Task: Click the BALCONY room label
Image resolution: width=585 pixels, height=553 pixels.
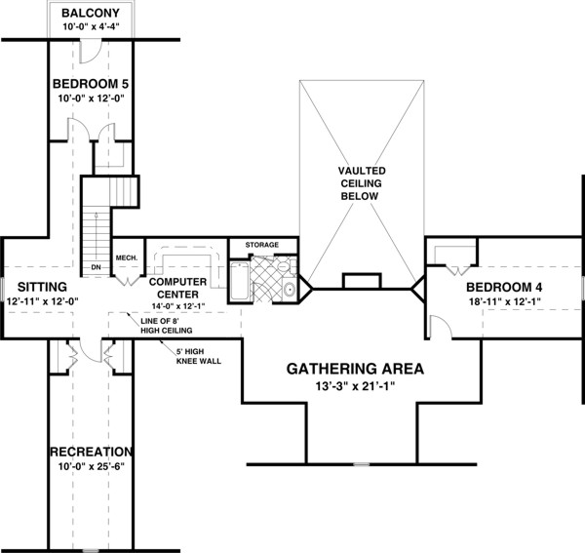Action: [x=91, y=13]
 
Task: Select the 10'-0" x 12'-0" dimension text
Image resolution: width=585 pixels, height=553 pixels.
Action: [x=91, y=98]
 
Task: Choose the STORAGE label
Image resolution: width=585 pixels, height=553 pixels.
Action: [x=262, y=244]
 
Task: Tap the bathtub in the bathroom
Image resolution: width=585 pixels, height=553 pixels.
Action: [x=238, y=283]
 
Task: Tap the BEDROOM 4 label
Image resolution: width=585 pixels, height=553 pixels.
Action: [x=504, y=288]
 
